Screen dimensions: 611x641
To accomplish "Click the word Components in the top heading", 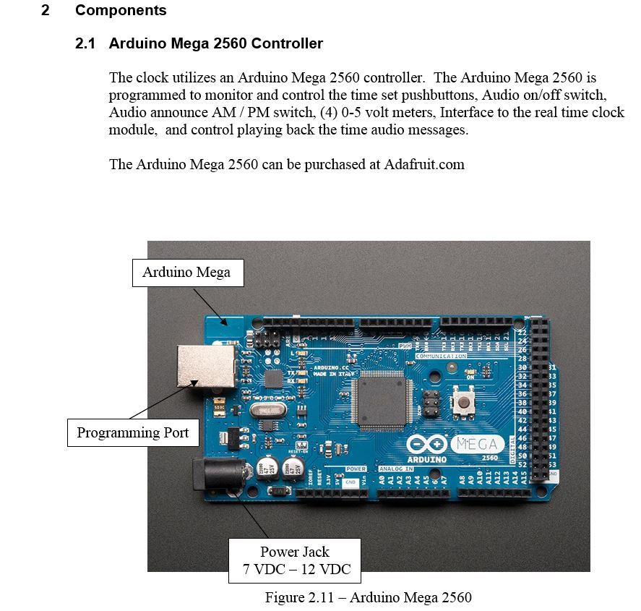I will (x=121, y=11).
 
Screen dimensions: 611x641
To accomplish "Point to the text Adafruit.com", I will (x=423, y=164).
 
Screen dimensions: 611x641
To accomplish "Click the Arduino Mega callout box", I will (x=186, y=273).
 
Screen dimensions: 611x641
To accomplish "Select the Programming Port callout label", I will (x=133, y=433).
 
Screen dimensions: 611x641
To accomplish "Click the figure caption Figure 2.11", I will (x=369, y=597).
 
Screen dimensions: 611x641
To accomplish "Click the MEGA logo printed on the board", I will (x=477, y=443).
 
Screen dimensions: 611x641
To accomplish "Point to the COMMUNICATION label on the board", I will (x=441, y=356).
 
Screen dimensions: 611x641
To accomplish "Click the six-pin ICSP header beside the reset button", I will (x=430, y=403).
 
